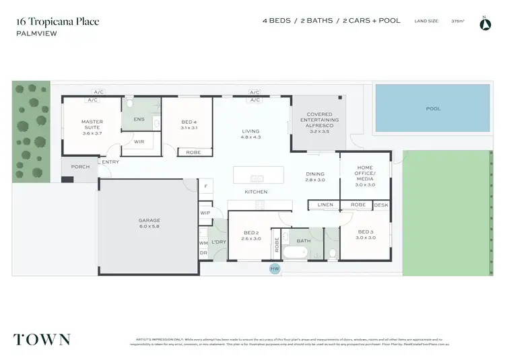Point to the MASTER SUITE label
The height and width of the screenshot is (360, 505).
coord(92,126)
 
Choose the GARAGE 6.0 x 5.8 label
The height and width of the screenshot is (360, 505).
coord(149,223)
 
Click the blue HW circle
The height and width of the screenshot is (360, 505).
coord(274,268)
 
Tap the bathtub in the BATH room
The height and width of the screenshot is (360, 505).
coord(294,253)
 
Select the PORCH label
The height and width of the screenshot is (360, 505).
coord(80,166)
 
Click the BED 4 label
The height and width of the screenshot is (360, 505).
coord(189,124)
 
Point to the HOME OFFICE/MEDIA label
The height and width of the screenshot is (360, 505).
coord(364,175)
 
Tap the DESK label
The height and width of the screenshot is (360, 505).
coord(380,205)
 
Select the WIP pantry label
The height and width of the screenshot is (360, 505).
coord(205,213)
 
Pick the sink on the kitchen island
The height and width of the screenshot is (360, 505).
coord(257,178)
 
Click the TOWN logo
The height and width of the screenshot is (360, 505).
coord(42,338)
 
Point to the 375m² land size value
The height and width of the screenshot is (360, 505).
coord(459,22)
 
